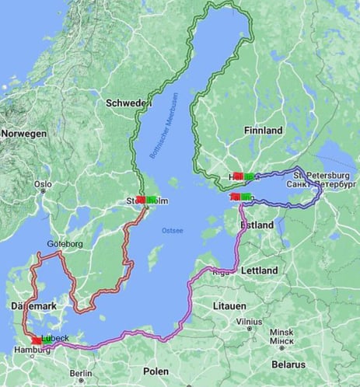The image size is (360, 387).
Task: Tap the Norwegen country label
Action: click(23, 134)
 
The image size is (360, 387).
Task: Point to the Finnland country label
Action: click(263, 131)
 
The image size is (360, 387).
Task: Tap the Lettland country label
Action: click(259, 270)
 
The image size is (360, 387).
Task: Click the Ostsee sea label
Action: click(172, 230)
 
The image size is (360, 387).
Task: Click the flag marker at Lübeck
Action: click(37, 340)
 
